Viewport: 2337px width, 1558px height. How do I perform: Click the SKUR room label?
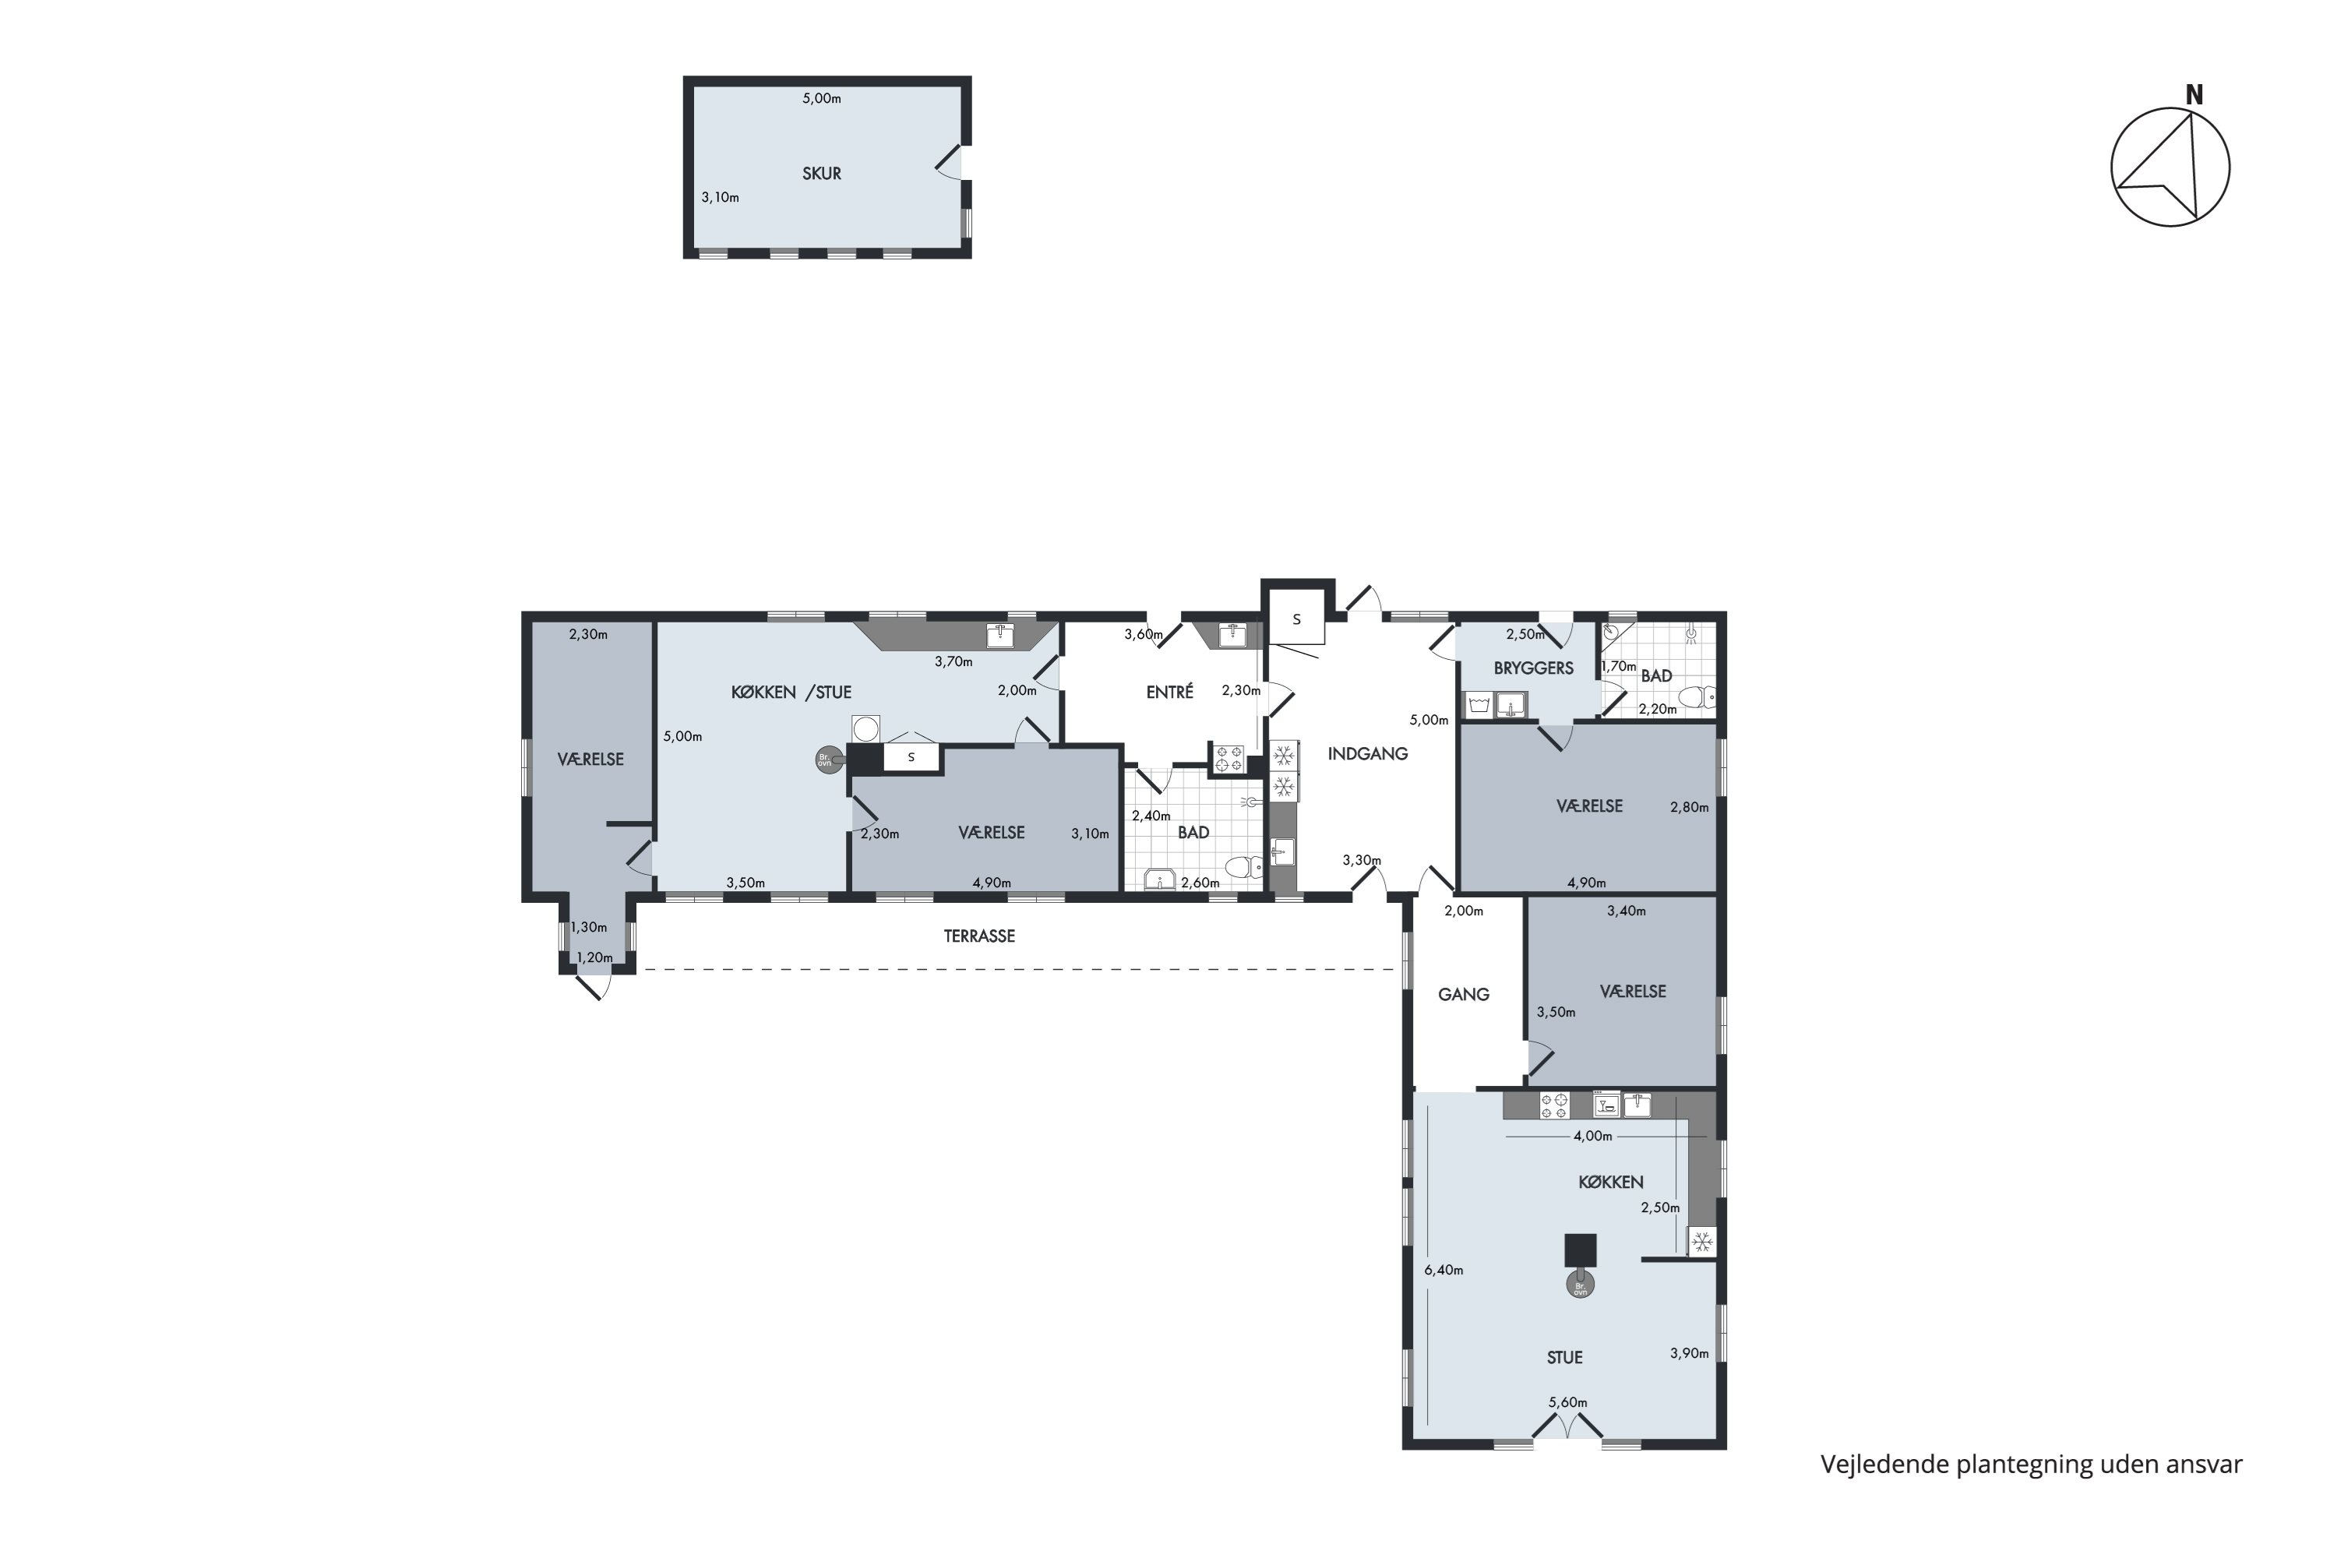822,174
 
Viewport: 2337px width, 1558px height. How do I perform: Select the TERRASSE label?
978,936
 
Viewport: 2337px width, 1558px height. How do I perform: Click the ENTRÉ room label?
1169,693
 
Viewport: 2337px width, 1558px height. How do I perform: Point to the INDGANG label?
1367,754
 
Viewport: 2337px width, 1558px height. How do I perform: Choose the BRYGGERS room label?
1533,668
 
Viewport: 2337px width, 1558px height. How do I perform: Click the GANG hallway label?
1464,994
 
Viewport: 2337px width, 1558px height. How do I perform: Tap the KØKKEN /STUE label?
791,693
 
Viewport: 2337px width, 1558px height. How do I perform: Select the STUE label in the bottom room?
1565,1357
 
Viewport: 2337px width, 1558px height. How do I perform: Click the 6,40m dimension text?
1443,1270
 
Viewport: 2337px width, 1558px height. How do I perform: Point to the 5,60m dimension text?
1568,1403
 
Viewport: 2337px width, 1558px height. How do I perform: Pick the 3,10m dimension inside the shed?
721,198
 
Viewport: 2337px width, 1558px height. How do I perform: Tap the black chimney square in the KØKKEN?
1580,1250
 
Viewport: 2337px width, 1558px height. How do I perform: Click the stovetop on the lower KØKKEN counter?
1554,1105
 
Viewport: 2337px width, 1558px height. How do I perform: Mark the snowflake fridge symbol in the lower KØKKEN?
1702,1242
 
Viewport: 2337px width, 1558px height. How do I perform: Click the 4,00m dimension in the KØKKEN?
1593,1137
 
